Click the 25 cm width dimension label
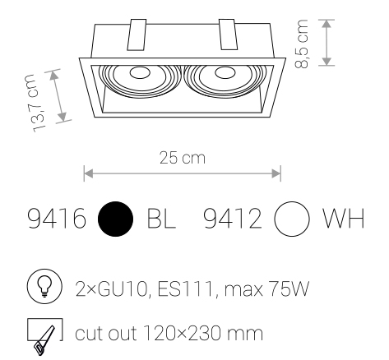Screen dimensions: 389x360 pyautogui.click(x=183, y=158)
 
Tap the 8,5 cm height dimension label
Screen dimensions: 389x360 pyautogui.click(x=302, y=44)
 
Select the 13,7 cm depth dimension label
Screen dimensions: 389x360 pyautogui.click(x=35, y=104)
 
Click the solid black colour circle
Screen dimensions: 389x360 pyautogui.click(x=115, y=219)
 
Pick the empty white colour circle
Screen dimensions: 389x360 pyautogui.click(x=292, y=219)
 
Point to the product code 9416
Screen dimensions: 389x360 pyautogui.click(x=57, y=219)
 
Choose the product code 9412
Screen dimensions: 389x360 pyautogui.click(x=233, y=219)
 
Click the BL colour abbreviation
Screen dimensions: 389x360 pyautogui.click(x=161, y=219)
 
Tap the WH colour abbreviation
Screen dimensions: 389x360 pyautogui.click(x=344, y=219)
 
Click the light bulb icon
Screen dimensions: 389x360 pyautogui.click(x=44, y=286)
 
